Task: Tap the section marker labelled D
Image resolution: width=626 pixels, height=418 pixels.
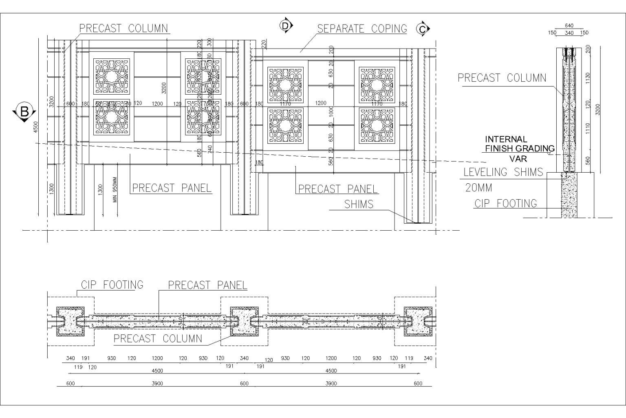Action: pos(286,25)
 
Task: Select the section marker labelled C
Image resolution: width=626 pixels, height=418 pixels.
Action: pos(423,29)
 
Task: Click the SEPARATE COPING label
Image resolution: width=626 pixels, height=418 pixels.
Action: pos(362,29)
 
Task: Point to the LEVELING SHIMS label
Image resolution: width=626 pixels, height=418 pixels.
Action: pos(503,172)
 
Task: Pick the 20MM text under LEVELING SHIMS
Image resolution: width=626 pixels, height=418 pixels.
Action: pos(478,188)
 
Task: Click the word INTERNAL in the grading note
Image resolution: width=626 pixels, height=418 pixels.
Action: pos(506,139)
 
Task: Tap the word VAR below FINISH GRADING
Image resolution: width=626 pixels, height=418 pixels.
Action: pos(518,158)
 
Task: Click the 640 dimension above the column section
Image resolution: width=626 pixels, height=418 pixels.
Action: pos(569,26)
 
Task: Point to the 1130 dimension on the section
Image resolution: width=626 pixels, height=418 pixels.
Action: pos(588,78)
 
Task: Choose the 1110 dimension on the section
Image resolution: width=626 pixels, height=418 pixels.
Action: pos(588,129)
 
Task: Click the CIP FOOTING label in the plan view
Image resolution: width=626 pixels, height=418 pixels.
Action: pos(112,285)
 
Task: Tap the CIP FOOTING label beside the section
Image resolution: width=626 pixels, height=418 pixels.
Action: pos(505,203)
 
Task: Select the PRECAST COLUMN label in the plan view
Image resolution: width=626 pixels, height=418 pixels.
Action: pos(158,338)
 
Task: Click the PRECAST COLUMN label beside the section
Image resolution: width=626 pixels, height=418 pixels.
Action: pos(502,78)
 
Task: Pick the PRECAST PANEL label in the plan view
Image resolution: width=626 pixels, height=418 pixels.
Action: pos(207,285)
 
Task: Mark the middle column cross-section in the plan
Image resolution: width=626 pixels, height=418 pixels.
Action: pos(244,321)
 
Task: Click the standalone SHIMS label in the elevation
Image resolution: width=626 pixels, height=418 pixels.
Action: pos(359,204)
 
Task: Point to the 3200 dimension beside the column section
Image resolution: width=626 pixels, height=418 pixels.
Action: pos(597,110)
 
